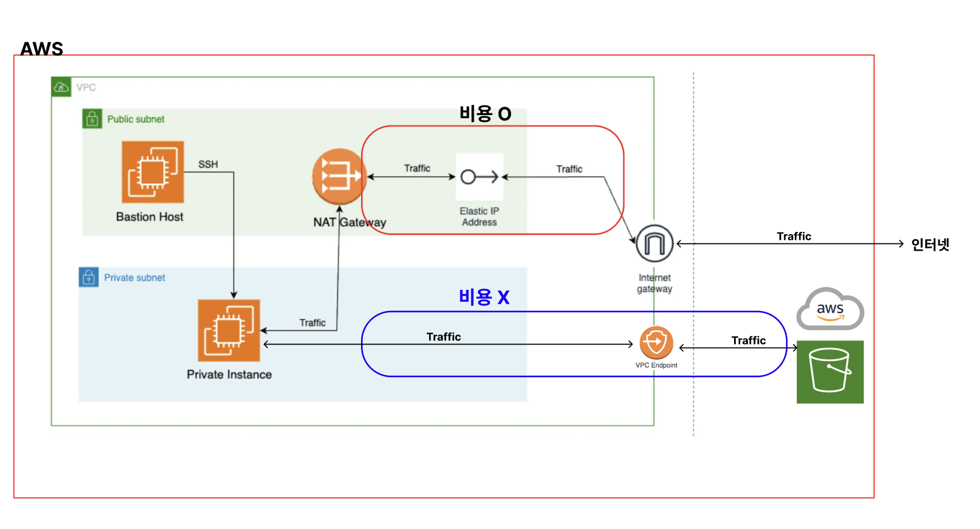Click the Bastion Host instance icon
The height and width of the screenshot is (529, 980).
coord(152,172)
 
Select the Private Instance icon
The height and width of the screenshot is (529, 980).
coord(229,331)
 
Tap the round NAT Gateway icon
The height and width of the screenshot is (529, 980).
coord(339,177)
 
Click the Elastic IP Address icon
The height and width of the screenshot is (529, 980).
coord(480,177)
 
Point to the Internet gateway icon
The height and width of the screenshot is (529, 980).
coord(655,243)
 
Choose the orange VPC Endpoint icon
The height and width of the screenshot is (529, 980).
coord(656,342)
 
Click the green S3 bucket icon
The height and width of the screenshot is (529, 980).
coord(830,372)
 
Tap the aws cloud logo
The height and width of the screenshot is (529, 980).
coord(830,309)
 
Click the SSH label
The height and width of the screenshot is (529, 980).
coord(209,164)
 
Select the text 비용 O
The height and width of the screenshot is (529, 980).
coord(485,114)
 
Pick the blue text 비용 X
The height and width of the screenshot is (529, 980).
coord(485,297)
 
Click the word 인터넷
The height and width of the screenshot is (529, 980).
coord(930,245)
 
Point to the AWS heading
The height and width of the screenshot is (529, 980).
coord(42,49)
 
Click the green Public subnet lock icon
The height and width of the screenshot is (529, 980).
coord(92,119)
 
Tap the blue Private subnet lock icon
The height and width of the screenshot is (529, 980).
coord(89,277)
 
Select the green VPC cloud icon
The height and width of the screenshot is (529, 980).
coord(61,87)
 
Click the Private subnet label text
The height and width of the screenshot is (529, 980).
coord(135,278)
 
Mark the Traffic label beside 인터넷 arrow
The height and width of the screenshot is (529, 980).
coord(794,237)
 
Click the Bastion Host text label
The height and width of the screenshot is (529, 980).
coord(149,217)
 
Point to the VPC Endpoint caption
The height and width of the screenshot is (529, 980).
coord(656,365)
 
